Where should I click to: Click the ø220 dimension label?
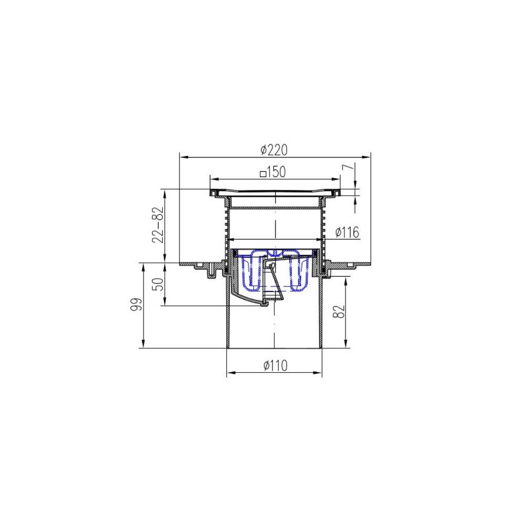click(x=274, y=150)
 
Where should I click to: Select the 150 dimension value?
click(x=277, y=172)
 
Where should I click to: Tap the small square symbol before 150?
click(x=264, y=174)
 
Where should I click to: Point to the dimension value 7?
click(x=347, y=166)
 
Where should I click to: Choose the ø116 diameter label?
click(x=347, y=232)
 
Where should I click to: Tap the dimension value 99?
click(x=136, y=305)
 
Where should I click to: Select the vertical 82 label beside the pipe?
click(x=339, y=312)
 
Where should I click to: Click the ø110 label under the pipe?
click(x=275, y=365)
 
